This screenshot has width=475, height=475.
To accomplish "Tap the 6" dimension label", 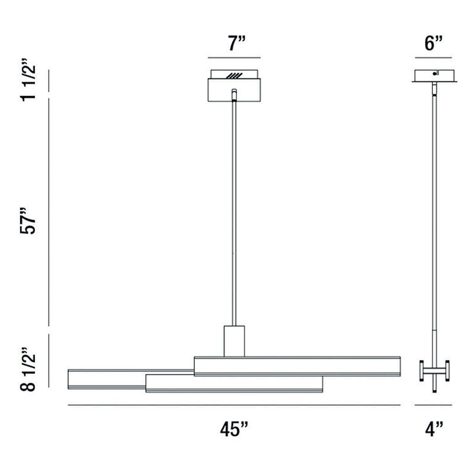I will pos(433,43).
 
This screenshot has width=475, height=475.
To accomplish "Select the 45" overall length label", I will pos(234,429).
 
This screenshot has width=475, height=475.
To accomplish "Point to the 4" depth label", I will pos(433,429).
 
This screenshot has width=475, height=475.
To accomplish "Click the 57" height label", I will pos(29,220).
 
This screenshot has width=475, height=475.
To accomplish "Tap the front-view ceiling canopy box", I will pos(234,90).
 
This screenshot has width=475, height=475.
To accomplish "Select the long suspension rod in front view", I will pos(234,214).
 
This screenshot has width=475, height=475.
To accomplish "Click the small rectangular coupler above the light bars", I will pos(234,341).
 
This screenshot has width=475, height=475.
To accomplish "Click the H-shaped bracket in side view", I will pos(434,371).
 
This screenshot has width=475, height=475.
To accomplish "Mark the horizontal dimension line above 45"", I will pos(234,405).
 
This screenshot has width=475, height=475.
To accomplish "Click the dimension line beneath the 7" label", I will pos(234,58).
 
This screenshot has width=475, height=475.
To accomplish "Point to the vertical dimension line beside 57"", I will pos(49,212).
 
